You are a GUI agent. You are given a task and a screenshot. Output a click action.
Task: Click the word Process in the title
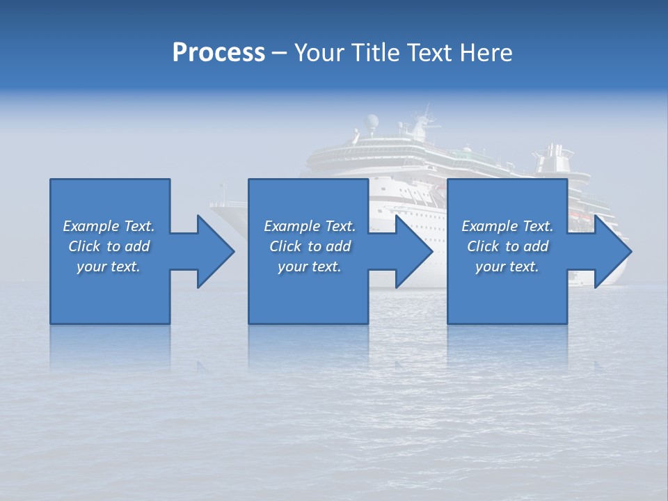point(218,53)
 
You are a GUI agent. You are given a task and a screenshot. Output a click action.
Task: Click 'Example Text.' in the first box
point(109,226)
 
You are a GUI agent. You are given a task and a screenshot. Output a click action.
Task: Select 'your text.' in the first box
point(109,267)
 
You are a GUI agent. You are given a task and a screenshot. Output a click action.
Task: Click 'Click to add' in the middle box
point(310,246)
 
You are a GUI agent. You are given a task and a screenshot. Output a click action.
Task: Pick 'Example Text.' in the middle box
point(310,226)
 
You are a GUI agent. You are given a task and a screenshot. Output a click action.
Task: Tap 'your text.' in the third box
point(507,267)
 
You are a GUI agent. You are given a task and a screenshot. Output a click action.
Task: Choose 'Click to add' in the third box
point(507,246)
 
